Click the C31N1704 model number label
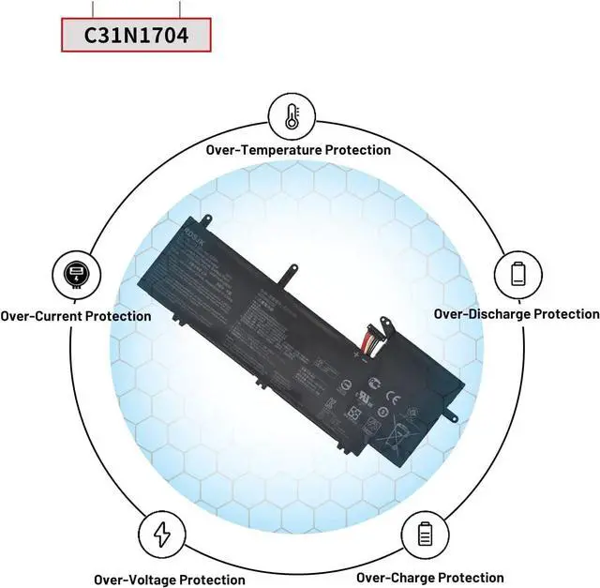[137, 37]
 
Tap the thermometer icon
[292, 115]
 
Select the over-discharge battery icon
[518, 273]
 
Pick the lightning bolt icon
[162, 534]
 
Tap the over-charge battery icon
[424, 535]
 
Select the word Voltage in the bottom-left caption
[174, 580]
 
